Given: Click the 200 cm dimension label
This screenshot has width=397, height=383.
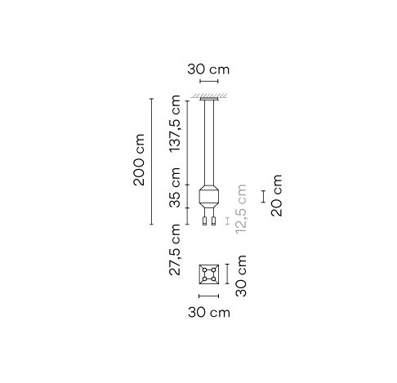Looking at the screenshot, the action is [x=139, y=160].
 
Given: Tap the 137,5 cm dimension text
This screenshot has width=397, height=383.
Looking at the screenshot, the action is [x=175, y=123].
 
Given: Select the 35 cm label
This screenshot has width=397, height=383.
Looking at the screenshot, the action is [x=175, y=188].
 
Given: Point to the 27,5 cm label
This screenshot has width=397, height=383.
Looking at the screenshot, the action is [x=175, y=250].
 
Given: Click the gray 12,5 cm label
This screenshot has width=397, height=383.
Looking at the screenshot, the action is [x=241, y=209].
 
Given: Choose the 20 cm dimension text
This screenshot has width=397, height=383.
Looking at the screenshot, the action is [x=277, y=195].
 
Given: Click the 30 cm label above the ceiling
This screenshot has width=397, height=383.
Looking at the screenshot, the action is [x=208, y=69].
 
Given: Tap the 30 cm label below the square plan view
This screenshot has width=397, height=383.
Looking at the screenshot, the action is [x=209, y=312].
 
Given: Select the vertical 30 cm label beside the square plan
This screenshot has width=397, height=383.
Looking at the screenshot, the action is [x=241, y=276].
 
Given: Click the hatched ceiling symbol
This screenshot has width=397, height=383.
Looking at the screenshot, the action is [x=209, y=96].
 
